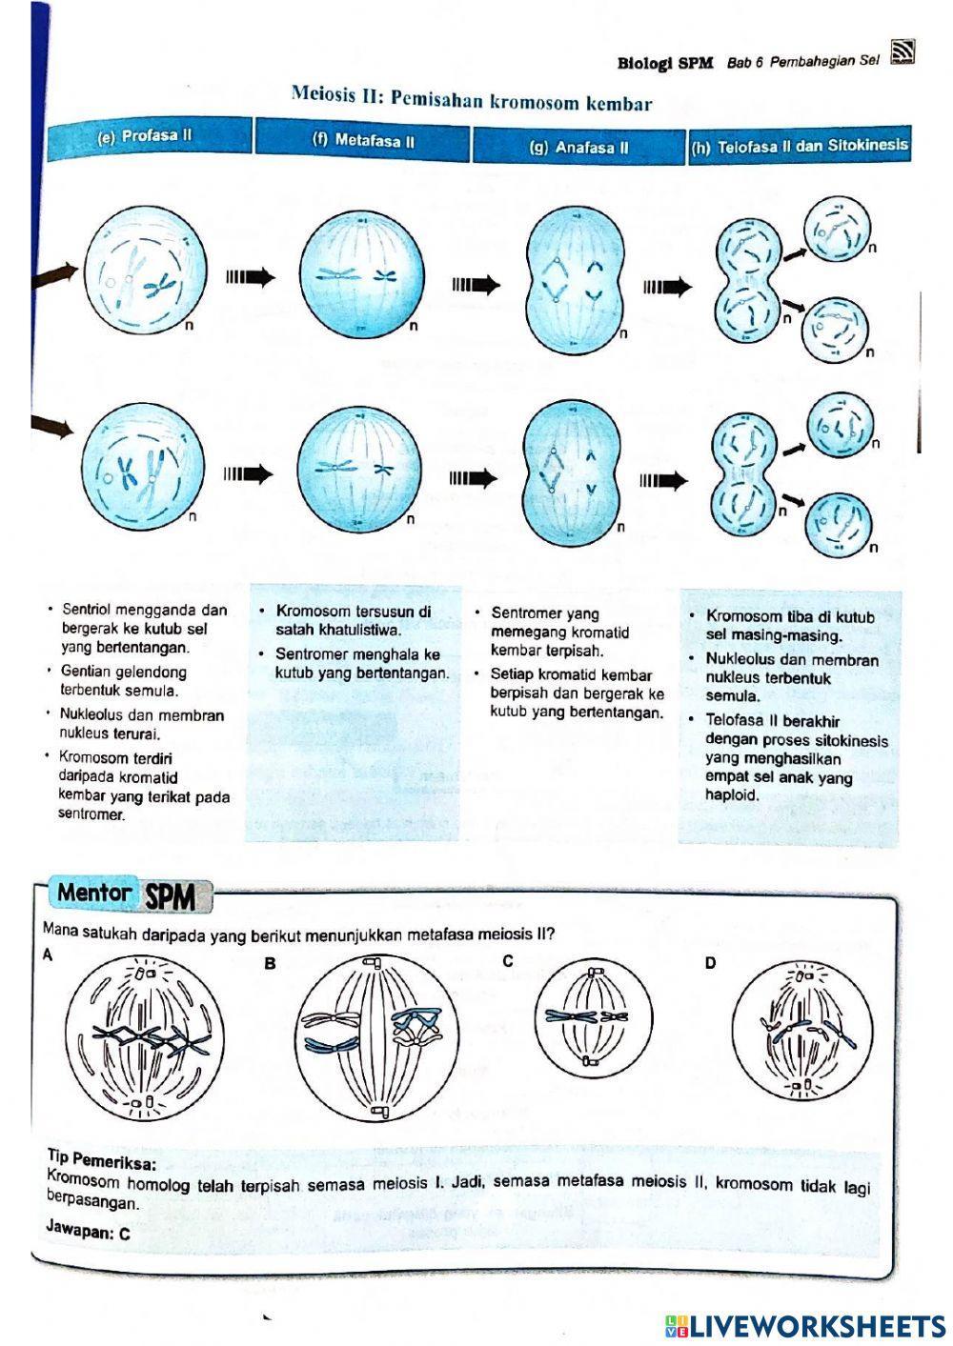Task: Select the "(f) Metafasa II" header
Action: (363, 141)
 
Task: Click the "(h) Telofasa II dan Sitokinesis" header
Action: (799, 147)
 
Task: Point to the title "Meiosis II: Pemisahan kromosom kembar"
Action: (472, 99)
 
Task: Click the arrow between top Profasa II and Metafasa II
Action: (250, 277)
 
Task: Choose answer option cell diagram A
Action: (145, 1037)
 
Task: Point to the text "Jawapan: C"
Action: (88, 1230)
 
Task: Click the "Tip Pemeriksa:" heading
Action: (102, 1160)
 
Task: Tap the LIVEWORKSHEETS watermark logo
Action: (805, 1325)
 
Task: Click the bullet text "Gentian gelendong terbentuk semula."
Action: (124, 681)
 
